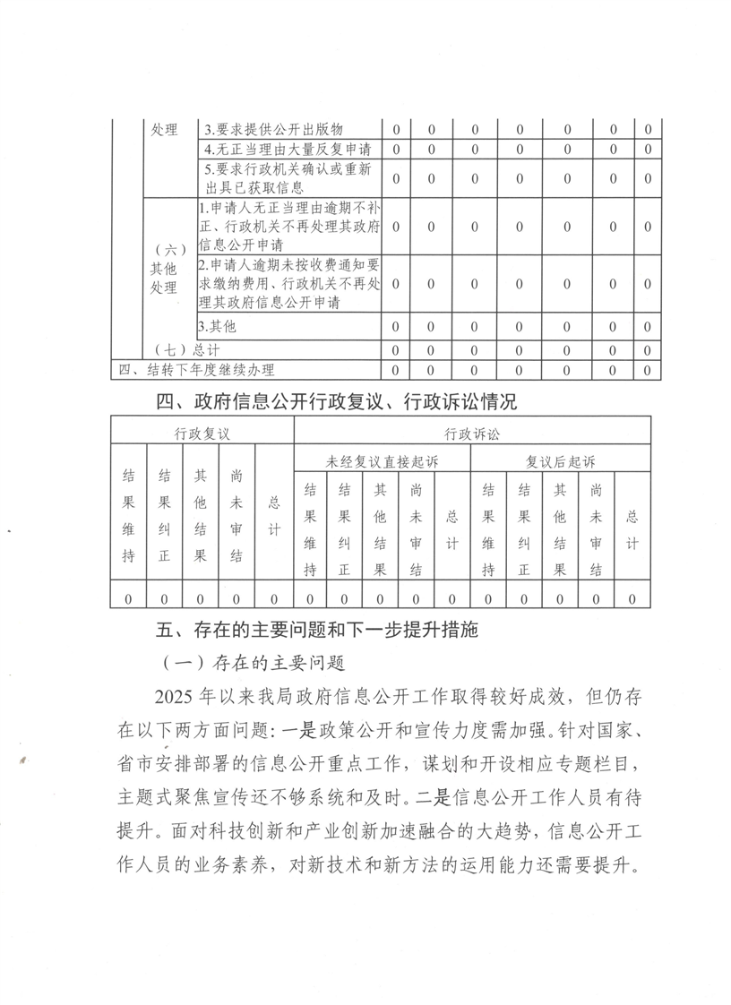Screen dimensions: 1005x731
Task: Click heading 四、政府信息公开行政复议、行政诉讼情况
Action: click(336, 401)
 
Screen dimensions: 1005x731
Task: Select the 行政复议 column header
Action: click(202, 434)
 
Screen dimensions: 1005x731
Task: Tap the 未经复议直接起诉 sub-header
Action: click(383, 462)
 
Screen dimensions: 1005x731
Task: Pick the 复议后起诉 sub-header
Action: click(560, 462)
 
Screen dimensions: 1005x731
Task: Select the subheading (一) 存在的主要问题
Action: click(250, 664)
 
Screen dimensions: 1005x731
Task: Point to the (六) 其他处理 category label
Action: click(164, 268)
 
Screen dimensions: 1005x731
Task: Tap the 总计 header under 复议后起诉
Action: click(632, 517)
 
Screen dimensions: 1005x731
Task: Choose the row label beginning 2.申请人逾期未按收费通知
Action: click(289, 284)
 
